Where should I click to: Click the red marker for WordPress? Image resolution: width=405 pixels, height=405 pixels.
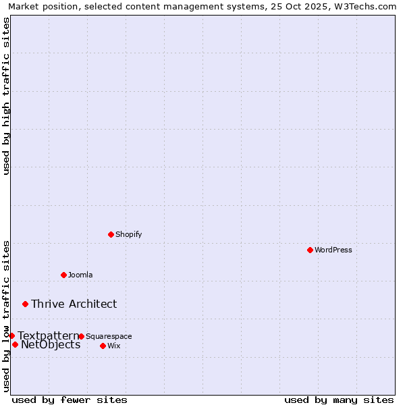coord(310,250)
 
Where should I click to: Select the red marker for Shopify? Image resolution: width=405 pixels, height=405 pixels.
coord(111,234)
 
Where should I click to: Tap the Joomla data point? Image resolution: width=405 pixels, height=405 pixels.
coord(63,275)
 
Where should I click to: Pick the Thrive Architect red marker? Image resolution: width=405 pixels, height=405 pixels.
coord(25,304)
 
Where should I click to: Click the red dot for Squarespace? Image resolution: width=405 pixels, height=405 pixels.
coord(81,336)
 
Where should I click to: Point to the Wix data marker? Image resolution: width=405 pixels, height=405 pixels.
coord(103,346)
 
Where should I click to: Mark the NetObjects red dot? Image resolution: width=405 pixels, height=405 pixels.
coord(15,344)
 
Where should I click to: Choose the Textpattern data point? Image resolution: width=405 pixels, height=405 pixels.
coord(11,335)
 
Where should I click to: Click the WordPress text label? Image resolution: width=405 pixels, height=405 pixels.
coord(333,250)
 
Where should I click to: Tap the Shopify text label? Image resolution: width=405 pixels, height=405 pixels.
coord(128,234)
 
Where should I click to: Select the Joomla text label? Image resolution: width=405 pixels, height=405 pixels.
coord(80,275)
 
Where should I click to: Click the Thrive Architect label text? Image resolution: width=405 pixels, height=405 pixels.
coord(74,304)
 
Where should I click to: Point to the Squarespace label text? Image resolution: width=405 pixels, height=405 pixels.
coord(109,336)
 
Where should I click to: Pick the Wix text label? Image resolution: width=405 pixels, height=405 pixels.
coord(113,346)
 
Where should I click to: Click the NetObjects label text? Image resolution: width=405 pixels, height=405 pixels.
coord(51,345)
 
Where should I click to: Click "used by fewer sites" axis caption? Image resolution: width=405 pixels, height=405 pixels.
coord(70,400)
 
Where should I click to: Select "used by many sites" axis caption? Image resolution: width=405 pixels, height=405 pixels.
coord(339,400)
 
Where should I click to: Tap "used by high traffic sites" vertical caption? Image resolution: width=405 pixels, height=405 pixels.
coord(6,96)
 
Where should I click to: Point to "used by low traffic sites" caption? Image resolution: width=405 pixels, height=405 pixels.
coord(6,316)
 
